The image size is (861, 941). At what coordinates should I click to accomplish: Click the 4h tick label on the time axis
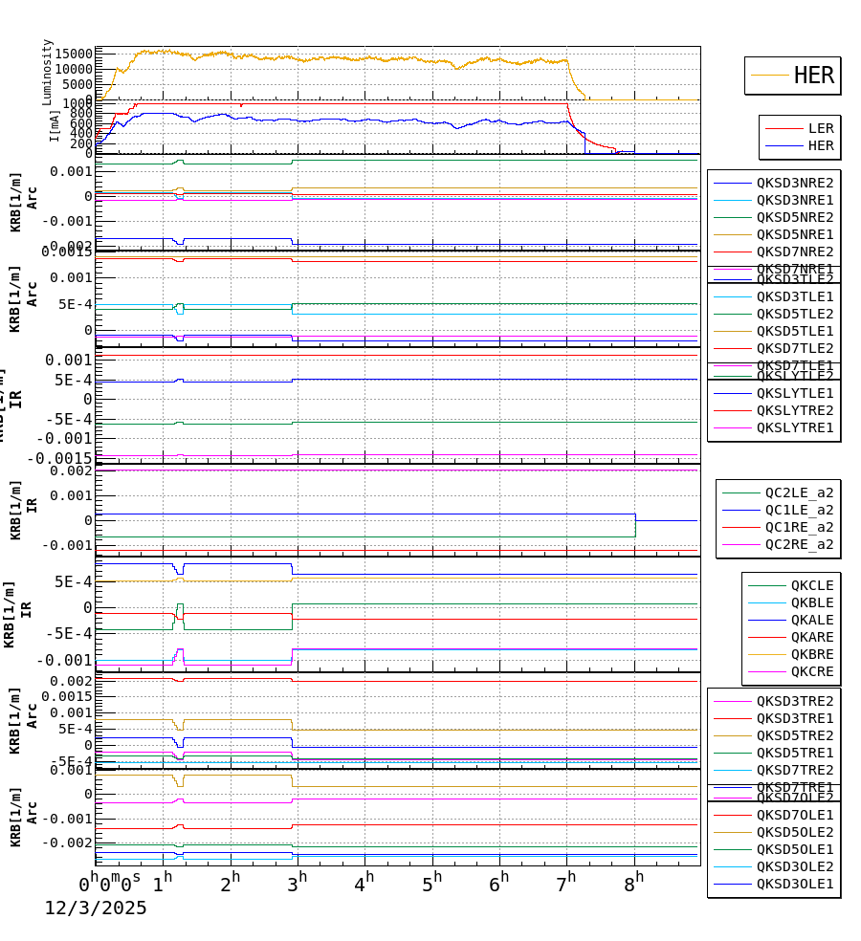click(x=364, y=884)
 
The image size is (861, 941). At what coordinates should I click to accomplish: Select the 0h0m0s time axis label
click(x=110, y=884)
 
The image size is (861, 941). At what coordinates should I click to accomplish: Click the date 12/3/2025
click(x=96, y=908)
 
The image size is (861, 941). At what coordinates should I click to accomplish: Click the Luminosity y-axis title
click(x=48, y=72)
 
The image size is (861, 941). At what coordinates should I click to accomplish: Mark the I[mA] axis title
click(x=55, y=124)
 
